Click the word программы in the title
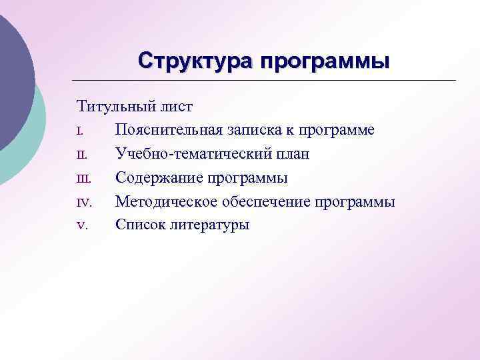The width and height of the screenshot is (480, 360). pos(325,61)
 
